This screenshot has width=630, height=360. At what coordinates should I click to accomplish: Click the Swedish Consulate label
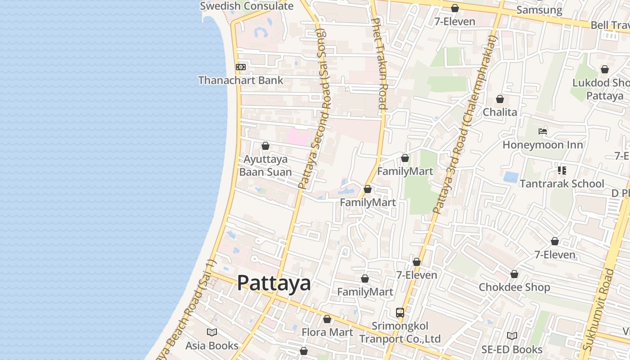(x=247, y=6)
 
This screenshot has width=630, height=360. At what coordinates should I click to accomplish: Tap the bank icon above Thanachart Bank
(x=241, y=67)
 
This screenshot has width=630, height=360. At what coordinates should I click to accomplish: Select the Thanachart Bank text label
(x=241, y=81)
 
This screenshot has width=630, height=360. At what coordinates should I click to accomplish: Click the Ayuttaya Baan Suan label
(x=265, y=166)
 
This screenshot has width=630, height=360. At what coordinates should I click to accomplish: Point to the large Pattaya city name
(x=274, y=283)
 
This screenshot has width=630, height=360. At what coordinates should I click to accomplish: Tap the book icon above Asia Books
(x=212, y=332)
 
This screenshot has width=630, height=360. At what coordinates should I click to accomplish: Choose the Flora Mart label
(x=327, y=332)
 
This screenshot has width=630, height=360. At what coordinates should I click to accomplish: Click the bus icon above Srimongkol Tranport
(x=400, y=312)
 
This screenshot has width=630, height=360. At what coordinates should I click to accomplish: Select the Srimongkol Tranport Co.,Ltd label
(x=400, y=332)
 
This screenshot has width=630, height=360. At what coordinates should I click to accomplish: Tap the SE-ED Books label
(x=512, y=349)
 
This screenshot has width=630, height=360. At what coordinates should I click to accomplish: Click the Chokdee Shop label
(x=514, y=287)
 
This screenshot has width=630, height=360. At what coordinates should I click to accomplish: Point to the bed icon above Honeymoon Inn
(x=543, y=131)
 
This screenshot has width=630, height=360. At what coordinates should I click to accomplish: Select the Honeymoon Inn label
(x=543, y=145)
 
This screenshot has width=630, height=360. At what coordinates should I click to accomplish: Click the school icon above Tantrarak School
(x=562, y=170)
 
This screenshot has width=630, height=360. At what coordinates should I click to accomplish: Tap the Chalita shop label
(x=500, y=112)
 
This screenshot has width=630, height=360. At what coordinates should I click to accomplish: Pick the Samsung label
(x=539, y=10)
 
